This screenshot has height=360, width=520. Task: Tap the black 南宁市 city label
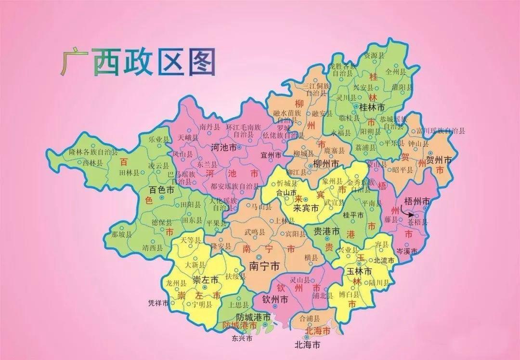click(264, 266)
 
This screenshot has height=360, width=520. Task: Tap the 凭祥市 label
click(158, 303)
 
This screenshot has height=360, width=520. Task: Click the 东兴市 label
click(242, 338)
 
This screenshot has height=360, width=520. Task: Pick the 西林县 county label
click(93, 163)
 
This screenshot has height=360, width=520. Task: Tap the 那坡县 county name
click(121, 235)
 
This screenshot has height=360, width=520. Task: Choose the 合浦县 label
click(309, 319)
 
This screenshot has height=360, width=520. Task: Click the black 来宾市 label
click(307, 209)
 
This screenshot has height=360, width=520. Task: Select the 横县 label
click(312, 258)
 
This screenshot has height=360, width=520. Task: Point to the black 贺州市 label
click(439, 160)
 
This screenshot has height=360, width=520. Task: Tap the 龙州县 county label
click(175, 282)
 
